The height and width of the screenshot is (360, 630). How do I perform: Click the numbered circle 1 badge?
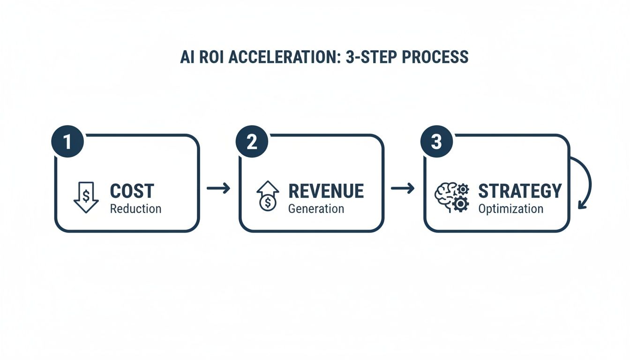click(67, 142)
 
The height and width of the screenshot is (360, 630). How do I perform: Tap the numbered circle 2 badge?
click(252, 142)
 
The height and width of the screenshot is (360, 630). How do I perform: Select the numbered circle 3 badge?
click(436, 142)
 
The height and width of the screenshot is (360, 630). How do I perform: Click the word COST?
click(132, 191)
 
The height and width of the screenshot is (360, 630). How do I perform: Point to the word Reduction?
click(135, 209)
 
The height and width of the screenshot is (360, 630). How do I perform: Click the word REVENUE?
click(326, 191)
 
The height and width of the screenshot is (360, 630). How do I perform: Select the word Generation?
click(316, 209)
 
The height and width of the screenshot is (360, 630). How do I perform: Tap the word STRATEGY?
click(519, 191)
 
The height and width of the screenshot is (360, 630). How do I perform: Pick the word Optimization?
click(510, 209)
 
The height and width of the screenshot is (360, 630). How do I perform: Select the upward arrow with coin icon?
click(268, 196)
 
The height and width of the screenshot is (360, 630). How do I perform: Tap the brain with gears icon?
click(452, 197)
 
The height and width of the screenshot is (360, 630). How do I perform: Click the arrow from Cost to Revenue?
click(218, 188)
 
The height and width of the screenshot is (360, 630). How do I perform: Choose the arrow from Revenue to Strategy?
click(403, 188)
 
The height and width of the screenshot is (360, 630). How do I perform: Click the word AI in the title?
click(186, 57)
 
